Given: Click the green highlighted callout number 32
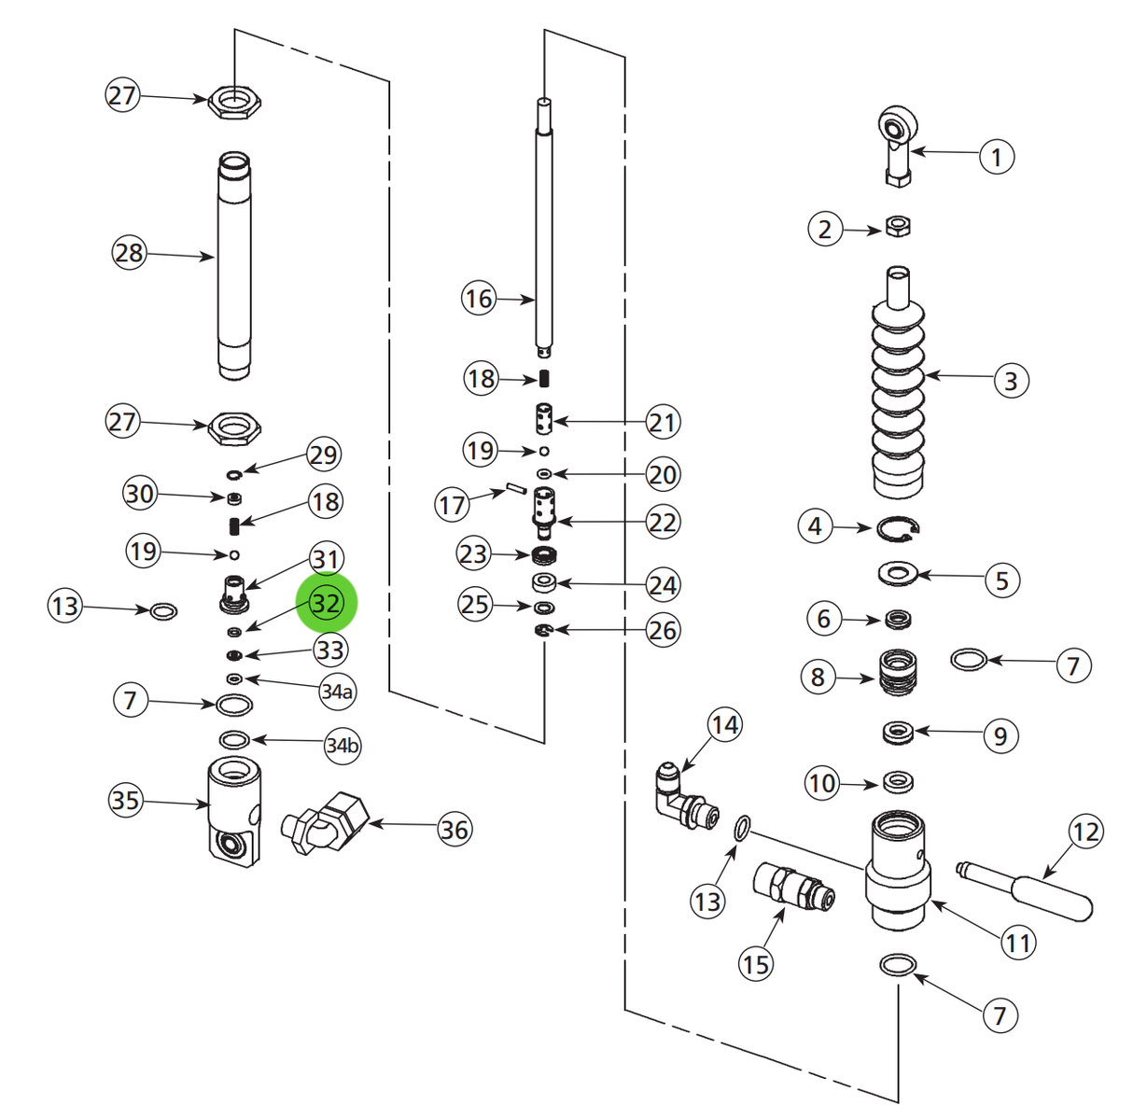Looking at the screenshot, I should (x=326, y=603).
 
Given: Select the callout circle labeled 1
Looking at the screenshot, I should (x=996, y=156).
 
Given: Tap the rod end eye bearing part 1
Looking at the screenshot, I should (x=898, y=140).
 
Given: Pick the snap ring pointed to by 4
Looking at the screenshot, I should (x=899, y=530).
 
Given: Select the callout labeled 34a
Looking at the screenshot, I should (x=337, y=692).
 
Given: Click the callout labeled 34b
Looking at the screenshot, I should (x=342, y=746).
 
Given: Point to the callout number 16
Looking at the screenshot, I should (x=478, y=299).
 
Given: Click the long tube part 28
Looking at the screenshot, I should (x=234, y=266).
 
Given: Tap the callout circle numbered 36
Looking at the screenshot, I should (x=455, y=829).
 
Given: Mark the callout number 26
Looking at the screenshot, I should (x=662, y=630).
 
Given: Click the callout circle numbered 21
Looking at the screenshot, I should (x=662, y=422).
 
